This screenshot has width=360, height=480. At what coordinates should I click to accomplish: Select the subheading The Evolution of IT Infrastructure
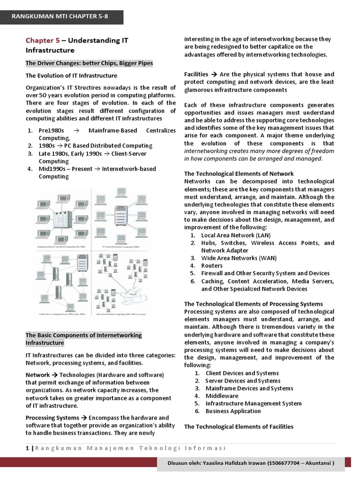pos(71,75)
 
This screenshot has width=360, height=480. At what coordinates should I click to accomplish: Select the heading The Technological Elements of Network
pos(239,174)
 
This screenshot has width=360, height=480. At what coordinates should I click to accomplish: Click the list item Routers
pos(212,266)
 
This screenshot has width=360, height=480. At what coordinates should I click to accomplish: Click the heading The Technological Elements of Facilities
pos(239,427)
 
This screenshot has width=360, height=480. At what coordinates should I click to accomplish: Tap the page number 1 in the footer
pos(27,449)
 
